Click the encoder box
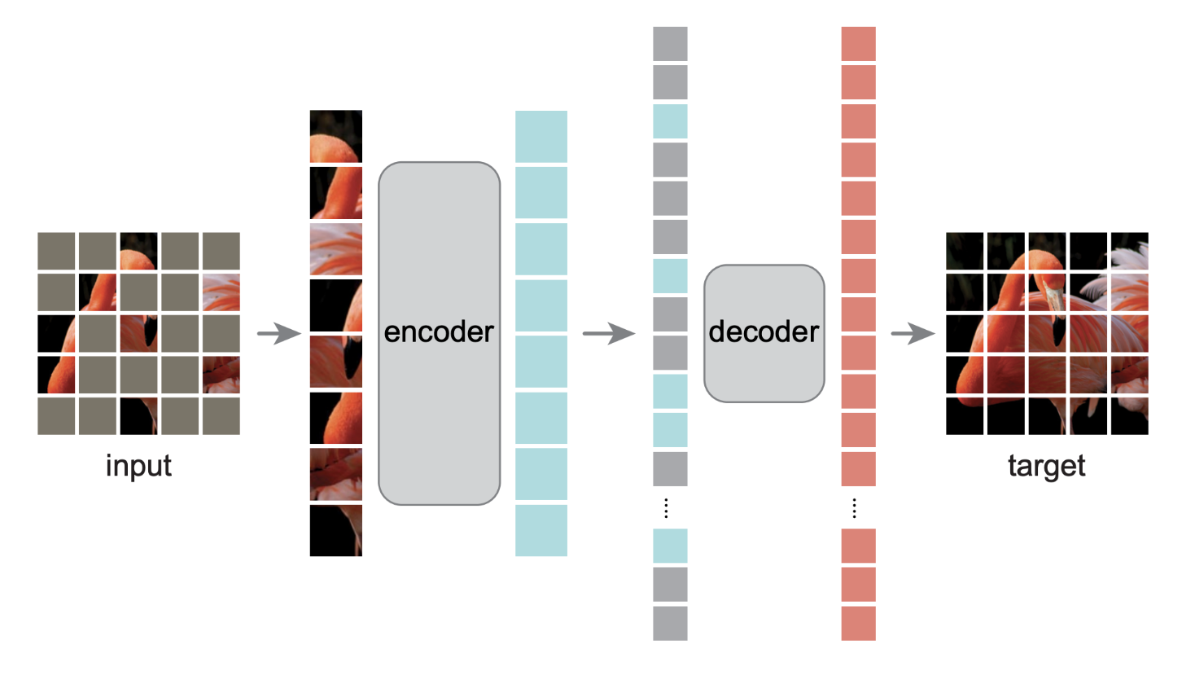[439, 333]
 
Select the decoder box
[764, 333]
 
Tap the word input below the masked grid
[138, 466]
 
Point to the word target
[1046, 466]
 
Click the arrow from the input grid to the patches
[278, 333]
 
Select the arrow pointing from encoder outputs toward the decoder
[608, 333]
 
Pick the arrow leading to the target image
[913, 333]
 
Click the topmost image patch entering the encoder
[335, 136]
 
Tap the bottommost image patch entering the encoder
[335, 530]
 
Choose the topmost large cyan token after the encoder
[541, 136]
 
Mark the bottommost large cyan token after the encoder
[541, 530]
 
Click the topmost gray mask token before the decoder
[670, 43]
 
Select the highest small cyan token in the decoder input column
[670, 121]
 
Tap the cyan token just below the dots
[670, 546]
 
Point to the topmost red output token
[858, 43]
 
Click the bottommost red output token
[858, 623]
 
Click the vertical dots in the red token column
[854, 508]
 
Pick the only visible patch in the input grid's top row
[138, 251]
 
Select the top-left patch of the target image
[965, 251]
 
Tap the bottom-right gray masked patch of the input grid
[221, 415]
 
